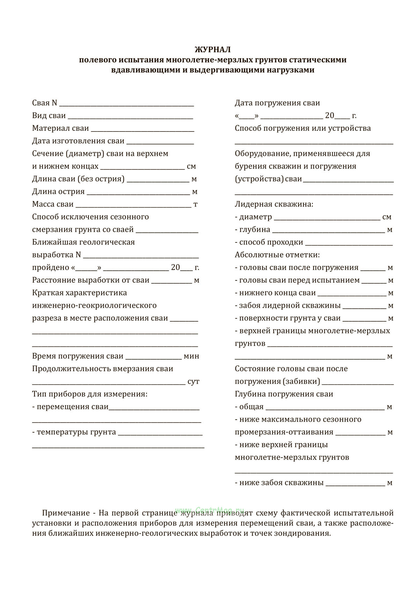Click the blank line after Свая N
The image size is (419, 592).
127,104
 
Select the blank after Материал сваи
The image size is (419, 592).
142,130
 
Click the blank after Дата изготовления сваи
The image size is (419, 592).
160,142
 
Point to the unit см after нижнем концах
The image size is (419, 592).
191,166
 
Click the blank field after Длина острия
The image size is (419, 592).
138,193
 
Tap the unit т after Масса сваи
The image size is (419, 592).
196,204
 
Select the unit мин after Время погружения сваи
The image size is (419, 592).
191,356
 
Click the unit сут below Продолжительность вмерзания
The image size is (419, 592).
193,382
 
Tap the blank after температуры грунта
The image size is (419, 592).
160,434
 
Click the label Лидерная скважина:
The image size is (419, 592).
274,204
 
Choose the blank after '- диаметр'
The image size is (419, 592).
327,218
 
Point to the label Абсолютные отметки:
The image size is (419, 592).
277,255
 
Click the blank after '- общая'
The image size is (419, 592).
325,408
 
